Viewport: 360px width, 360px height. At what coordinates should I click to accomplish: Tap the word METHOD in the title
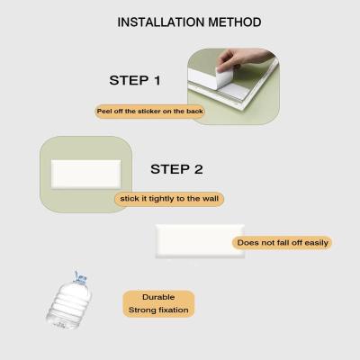coord(235,22)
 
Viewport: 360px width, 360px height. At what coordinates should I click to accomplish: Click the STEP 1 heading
coord(135,80)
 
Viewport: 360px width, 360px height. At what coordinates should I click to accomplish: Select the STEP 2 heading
coord(176,169)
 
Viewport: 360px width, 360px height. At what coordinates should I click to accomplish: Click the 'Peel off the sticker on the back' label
coord(150,112)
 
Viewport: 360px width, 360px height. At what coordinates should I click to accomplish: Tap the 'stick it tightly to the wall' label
coord(169,199)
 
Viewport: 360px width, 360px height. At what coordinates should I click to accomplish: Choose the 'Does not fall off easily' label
coord(283,243)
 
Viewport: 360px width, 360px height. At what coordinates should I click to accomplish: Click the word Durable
coord(158,297)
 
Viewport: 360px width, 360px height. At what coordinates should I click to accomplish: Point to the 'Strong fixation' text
coord(158,310)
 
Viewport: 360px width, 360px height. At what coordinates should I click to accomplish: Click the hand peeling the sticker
coord(243,58)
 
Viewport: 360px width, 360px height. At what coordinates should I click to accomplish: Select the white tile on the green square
coord(85,174)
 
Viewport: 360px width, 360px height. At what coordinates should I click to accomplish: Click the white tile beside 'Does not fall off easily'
coord(200,241)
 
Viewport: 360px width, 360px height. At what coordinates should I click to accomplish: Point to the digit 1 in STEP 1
coord(157,80)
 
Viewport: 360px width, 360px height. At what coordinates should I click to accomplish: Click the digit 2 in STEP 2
coord(198,169)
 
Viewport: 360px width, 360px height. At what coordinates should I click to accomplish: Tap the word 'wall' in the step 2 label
coord(211,199)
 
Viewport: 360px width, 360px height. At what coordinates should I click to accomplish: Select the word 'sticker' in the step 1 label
coord(149,112)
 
